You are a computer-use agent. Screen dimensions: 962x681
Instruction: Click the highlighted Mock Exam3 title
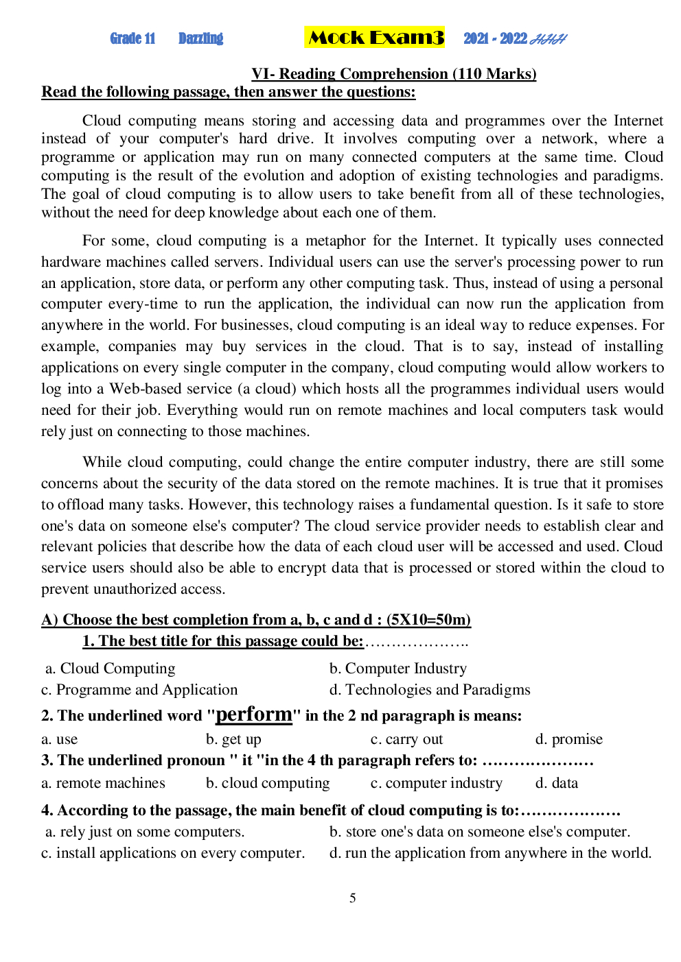coord(375,38)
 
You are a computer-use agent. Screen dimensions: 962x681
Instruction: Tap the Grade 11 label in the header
coord(132,38)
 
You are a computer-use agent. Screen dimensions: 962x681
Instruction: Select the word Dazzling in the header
coord(200,38)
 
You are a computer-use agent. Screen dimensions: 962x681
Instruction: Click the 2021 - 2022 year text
coord(495,38)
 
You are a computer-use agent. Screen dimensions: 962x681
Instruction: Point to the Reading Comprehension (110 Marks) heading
coord(393,74)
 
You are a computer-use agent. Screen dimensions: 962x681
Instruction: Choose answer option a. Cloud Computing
coord(111,669)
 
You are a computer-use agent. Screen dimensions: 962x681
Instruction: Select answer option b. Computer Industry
coord(398,669)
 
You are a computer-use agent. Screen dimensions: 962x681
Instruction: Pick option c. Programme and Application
coord(139,690)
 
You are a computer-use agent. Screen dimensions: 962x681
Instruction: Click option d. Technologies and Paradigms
coord(430,690)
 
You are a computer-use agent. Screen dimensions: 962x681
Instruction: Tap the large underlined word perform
coord(254,714)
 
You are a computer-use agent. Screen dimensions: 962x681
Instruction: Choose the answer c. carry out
coord(406,739)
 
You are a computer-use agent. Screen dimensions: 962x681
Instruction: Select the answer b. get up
coord(233,739)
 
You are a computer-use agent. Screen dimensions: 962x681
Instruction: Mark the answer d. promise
coord(568,739)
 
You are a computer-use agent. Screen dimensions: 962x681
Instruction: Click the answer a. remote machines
coord(103,783)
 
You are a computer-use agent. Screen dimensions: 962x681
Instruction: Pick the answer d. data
coord(556,783)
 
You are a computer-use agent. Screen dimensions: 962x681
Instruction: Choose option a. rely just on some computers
coord(145,832)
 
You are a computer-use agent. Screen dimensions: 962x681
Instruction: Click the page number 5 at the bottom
coord(353,898)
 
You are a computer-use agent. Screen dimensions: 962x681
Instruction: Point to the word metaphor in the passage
coord(335,241)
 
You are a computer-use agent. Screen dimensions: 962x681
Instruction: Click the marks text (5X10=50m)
coord(428,620)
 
